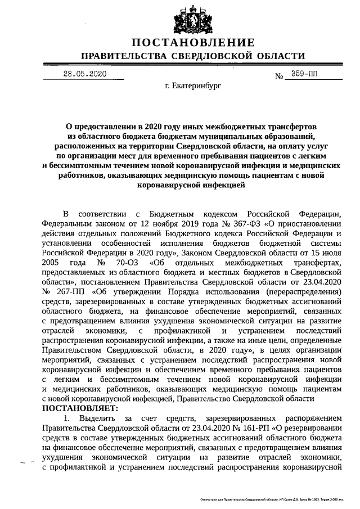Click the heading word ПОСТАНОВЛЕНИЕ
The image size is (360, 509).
pyautogui.click(x=193, y=43)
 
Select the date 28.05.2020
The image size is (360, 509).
pyautogui.click(x=84, y=74)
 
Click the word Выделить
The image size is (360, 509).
pyautogui.click(x=99, y=418)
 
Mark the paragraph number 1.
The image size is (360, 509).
pyautogui.click(x=66, y=418)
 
